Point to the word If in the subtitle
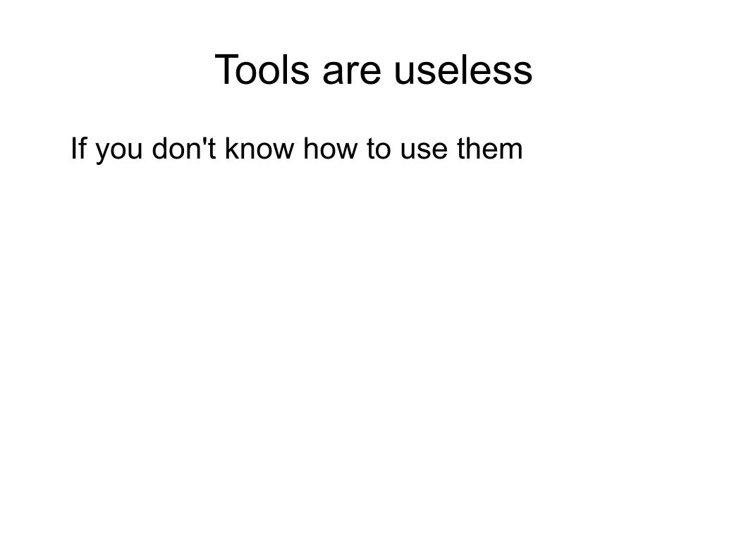(76, 149)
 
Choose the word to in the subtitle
(360, 149)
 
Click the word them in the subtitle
(475, 149)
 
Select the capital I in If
(71, 149)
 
